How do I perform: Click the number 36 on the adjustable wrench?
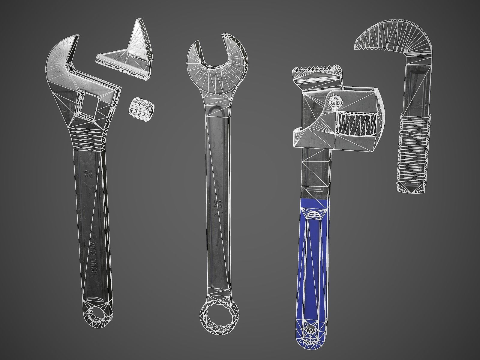pos(88,174)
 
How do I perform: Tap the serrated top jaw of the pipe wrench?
pos(316,72)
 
